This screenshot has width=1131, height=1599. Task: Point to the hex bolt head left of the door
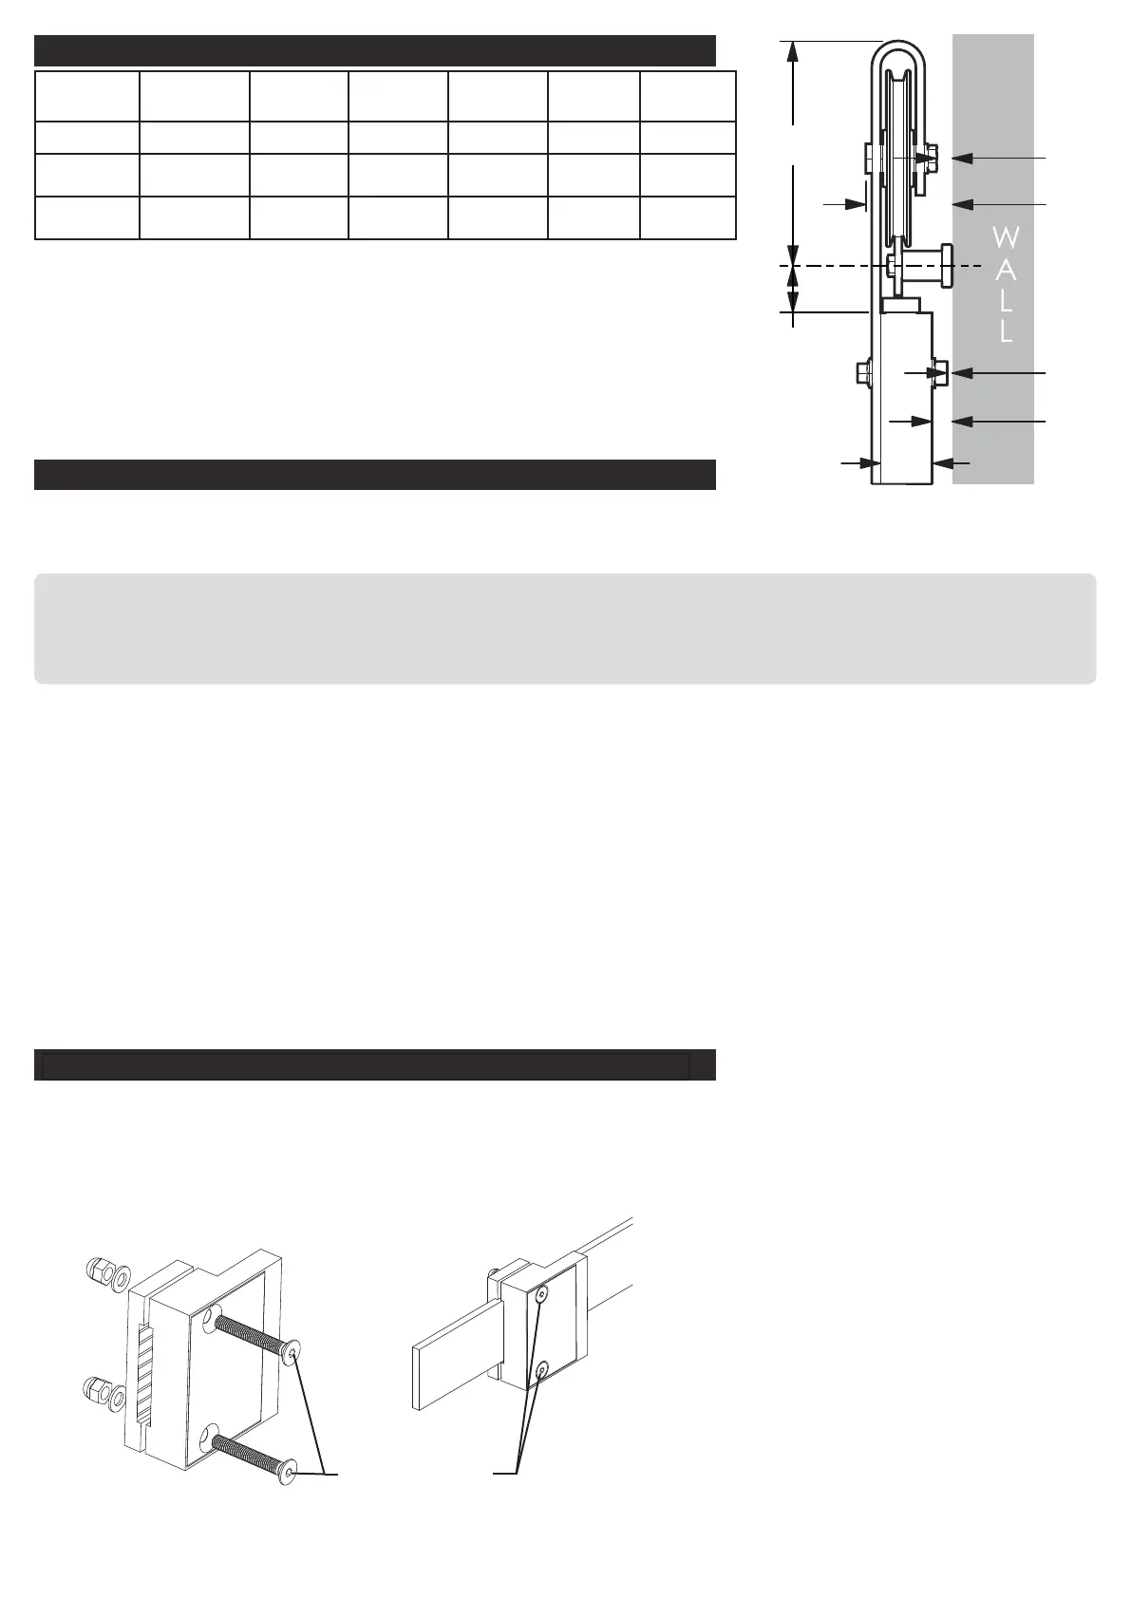863,371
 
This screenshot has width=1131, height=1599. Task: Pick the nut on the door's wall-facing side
941,372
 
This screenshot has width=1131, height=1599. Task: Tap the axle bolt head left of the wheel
871,158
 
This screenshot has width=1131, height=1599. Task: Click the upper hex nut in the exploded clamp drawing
96,1268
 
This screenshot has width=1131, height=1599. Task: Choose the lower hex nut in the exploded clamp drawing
95,1389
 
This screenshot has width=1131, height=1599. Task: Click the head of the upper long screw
292,1352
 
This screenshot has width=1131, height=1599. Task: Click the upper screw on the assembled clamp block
540,1294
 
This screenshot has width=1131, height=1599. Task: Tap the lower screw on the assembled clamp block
541,1370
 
